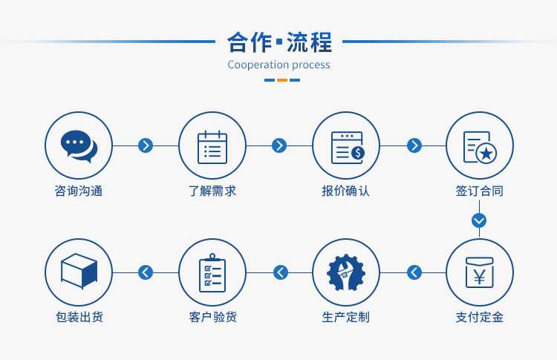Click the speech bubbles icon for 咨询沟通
tap(79, 146)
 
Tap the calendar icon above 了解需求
tap(212, 147)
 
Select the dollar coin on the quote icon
tap(358, 153)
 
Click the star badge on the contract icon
tap(486, 154)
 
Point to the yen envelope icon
tap(480, 272)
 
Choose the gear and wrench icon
tap(346, 272)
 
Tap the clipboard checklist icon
tap(212, 272)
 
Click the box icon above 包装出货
tap(79, 271)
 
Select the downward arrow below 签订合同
tap(479, 220)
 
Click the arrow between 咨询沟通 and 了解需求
tap(146, 145)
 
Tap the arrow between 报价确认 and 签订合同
tap(414, 145)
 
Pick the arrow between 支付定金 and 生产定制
tap(414, 272)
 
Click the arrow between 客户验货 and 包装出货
tap(146, 272)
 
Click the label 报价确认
tap(345, 191)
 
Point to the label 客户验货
tap(213, 317)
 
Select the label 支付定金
tap(480, 317)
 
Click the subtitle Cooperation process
tap(278, 65)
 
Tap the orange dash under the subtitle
tap(282, 80)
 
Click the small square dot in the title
tap(279, 42)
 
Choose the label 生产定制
tap(345, 317)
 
